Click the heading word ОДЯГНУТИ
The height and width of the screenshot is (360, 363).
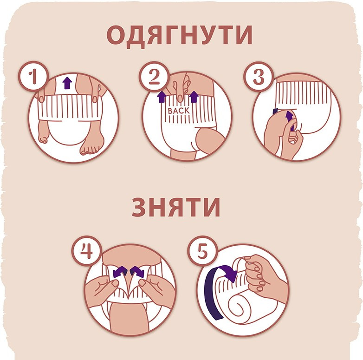180,35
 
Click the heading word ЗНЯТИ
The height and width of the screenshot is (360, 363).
176,207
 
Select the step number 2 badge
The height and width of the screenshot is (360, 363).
154,77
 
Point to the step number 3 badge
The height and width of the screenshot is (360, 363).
259,77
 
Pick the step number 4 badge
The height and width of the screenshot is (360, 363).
86,251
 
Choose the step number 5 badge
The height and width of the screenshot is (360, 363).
202,251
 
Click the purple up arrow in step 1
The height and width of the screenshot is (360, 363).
67,83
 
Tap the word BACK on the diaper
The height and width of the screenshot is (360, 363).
179,111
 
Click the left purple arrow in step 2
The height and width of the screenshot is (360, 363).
162,97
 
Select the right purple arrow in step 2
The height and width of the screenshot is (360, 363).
194,97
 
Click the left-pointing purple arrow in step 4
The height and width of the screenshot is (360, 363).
120,272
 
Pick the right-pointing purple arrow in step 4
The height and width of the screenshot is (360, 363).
137,272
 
